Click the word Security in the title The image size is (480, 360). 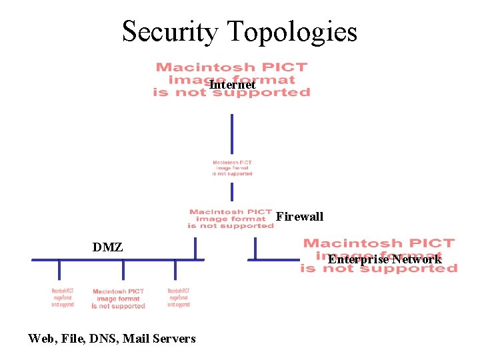(x=170, y=32)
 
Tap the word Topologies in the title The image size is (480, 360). (x=292, y=32)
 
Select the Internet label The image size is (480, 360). (x=233, y=85)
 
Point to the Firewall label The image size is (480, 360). (x=299, y=217)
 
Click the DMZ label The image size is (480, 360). (x=107, y=247)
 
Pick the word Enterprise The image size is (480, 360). (x=357, y=259)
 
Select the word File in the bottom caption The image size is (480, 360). (x=76, y=339)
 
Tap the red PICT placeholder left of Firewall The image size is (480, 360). (x=231, y=219)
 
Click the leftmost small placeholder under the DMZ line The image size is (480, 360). (x=63, y=298)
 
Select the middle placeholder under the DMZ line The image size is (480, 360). (x=119, y=299)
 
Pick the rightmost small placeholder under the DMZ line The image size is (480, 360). (x=179, y=298)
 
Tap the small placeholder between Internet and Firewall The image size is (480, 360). (x=232, y=168)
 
